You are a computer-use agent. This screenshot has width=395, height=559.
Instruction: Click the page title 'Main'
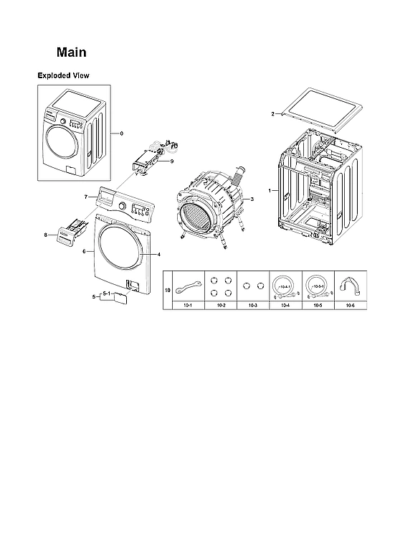pos(72,53)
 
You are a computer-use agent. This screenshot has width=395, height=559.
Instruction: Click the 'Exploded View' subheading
pos(63,75)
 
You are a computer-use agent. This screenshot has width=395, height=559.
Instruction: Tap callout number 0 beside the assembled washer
pos(121,133)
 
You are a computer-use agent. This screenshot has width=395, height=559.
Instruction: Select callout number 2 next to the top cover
pos(272,114)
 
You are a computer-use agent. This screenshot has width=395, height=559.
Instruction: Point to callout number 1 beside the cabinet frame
pos(269,191)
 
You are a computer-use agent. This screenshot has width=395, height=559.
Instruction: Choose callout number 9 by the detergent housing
pos(171,162)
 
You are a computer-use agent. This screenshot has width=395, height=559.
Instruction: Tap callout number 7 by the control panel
pos(85,196)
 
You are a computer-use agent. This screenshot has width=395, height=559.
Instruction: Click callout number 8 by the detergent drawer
pos(46,235)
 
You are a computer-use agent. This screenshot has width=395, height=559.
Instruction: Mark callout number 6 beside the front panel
pos(85,252)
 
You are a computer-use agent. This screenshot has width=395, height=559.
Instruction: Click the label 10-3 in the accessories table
pos(253,306)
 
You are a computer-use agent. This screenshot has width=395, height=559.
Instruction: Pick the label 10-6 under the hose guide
pos(350,306)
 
